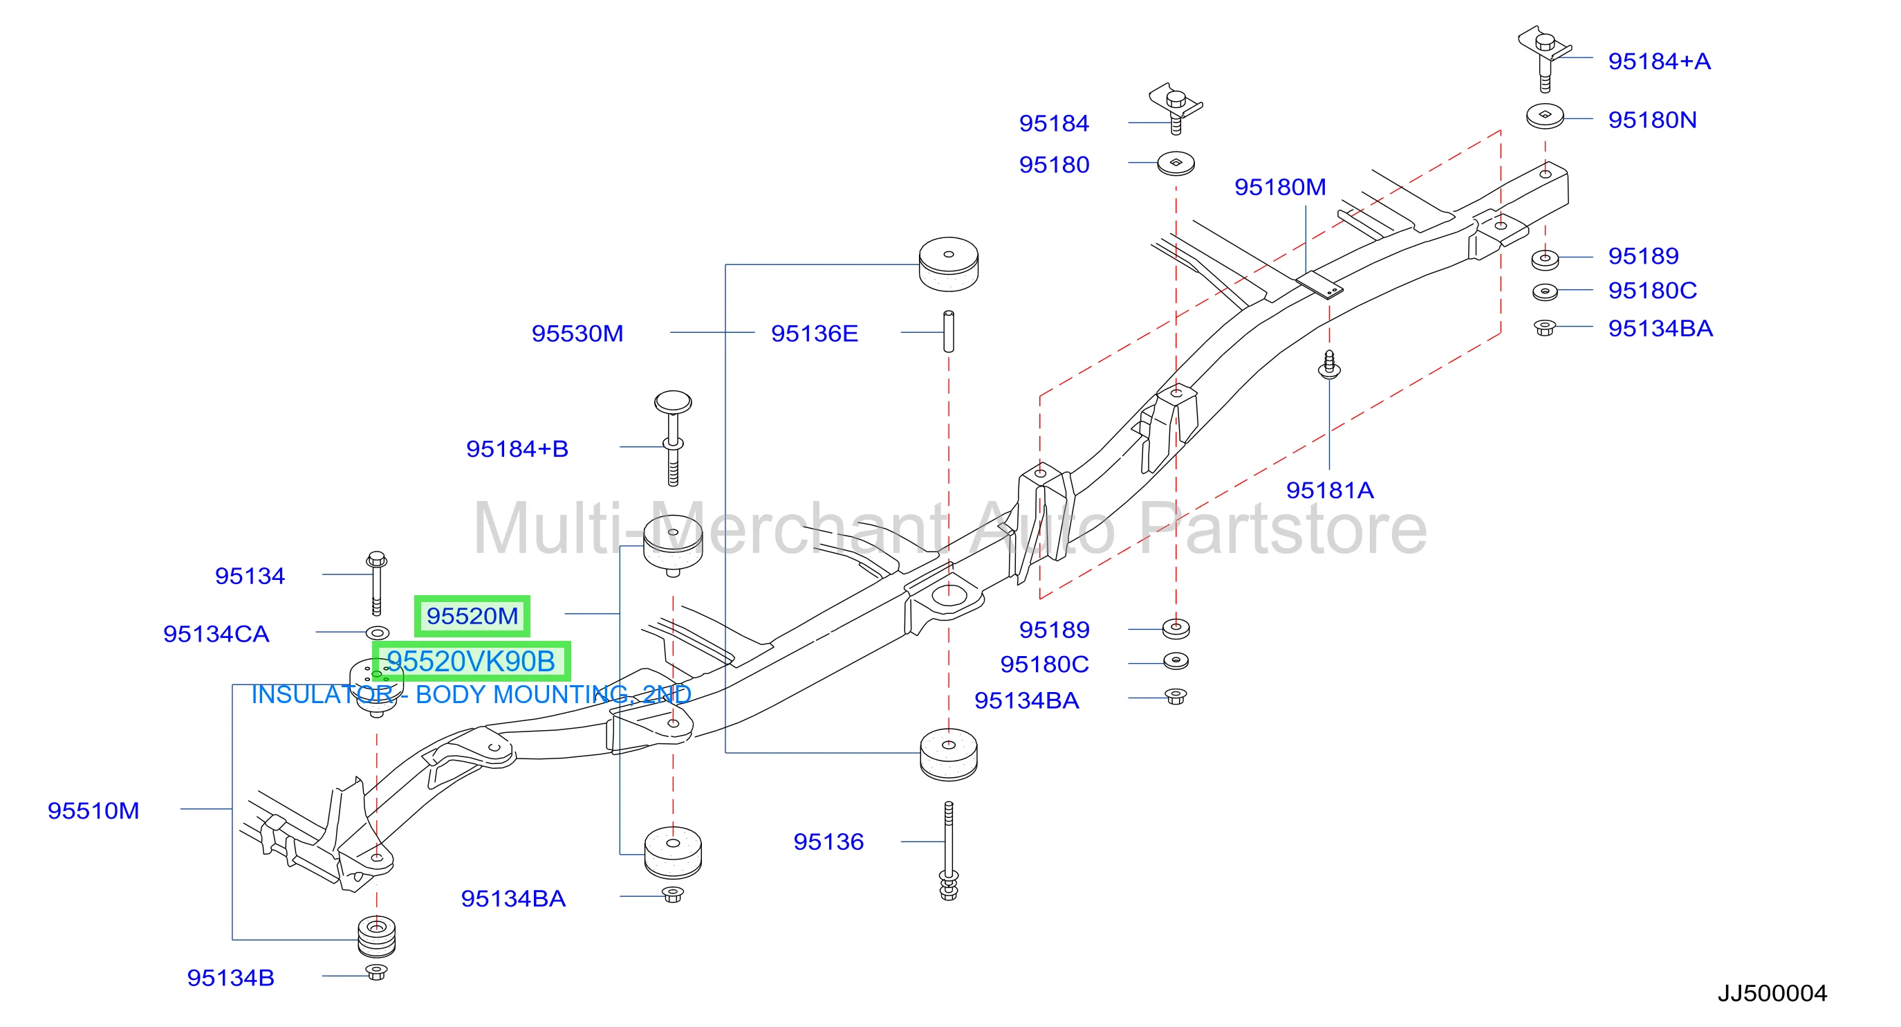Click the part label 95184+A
point(1659,62)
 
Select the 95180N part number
point(1652,120)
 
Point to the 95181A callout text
point(1330,490)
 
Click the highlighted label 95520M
point(472,616)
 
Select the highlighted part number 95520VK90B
point(471,662)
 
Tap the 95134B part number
point(231,978)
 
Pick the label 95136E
point(815,334)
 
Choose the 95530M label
point(578,334)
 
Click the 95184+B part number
point(517,449)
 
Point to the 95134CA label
point(216,634)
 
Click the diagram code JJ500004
point(1772,993)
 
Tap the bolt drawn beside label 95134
point(376,583)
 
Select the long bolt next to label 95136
point(949,850)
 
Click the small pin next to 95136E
point(949,331)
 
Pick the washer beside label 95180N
point(1546,116)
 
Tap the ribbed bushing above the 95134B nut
point(376,936)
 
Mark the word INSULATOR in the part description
point(322,695)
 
